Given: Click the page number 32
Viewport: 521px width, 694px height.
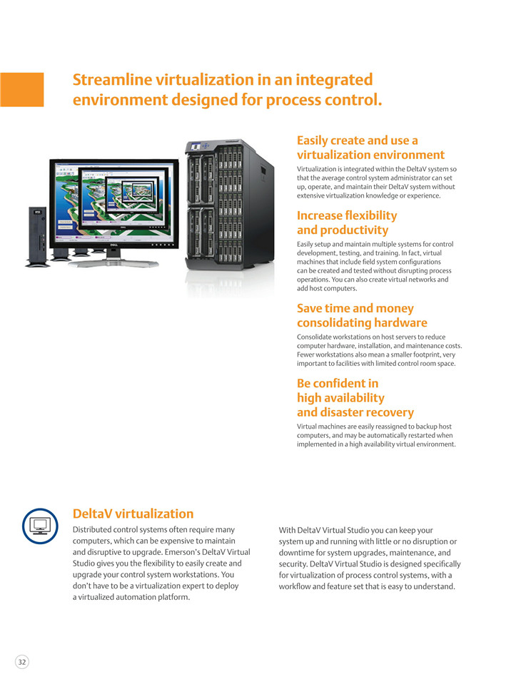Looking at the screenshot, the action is point(21,662).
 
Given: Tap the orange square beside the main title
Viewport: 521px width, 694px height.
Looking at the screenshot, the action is point(21,89).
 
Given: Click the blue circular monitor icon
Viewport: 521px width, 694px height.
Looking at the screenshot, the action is point(40,526).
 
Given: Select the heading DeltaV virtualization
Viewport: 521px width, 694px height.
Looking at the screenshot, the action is point(133,514).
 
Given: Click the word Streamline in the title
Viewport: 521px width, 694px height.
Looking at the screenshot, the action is point(113,80).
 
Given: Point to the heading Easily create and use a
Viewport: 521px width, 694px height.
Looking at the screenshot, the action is point(357,141).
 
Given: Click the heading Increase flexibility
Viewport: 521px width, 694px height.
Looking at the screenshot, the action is point(347,215).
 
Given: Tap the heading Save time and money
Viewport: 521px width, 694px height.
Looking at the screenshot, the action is point(355,308).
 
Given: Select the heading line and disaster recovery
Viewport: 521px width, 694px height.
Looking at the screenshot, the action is point(355,412).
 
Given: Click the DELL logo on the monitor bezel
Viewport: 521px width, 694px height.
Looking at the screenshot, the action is point(113,245).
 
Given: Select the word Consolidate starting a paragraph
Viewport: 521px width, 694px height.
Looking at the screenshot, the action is point(313,337).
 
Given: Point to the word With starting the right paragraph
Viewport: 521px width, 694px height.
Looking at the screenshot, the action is point(287,530).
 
